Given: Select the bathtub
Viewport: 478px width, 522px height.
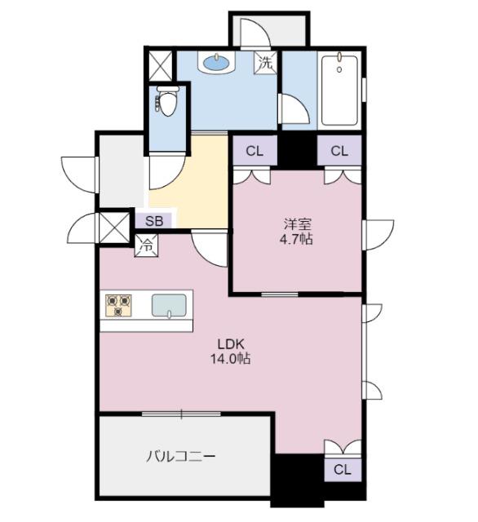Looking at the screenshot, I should [x=338, y=89].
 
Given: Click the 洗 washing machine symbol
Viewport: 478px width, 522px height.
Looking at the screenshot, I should [x=267, y=61].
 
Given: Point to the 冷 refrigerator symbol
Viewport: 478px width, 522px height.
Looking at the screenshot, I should [x=146, y=242].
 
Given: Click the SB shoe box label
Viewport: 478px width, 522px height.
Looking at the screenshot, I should [x=154, y=221].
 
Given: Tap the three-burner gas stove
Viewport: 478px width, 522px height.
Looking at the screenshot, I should [x=119, y=305].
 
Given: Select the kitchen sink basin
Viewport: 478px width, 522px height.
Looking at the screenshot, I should [x=170, y=305].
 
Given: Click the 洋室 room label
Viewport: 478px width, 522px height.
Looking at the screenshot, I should [x=297, y=223].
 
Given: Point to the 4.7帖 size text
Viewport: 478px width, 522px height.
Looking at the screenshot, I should [x=297, y=240].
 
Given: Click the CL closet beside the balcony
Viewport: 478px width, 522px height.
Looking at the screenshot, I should [x=342, y=469].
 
